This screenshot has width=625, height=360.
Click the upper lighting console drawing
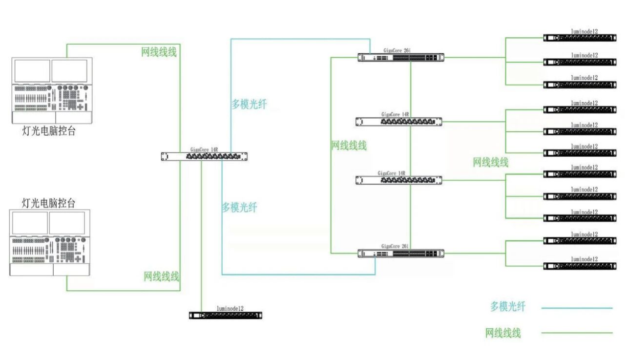[52, 90]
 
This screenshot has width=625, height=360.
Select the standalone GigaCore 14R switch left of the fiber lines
[204, 156]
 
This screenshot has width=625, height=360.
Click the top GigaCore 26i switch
[400, 57]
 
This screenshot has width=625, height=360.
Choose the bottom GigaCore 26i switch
[400, 253]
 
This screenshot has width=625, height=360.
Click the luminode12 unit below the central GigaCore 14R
[225, 315]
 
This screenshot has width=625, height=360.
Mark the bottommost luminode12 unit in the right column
[580, 266]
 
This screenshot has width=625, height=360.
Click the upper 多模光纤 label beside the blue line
[249, 104]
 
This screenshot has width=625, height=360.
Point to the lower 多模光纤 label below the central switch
[239, 207]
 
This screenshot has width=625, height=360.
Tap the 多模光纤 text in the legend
[508, 307]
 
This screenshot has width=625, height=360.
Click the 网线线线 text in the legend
[503, 333]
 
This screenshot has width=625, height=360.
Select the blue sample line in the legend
[576, 308]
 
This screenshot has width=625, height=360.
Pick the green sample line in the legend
[576, 333]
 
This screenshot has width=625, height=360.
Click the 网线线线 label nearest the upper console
[159, 52]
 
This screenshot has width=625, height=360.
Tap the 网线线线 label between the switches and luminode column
[490, 163]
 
